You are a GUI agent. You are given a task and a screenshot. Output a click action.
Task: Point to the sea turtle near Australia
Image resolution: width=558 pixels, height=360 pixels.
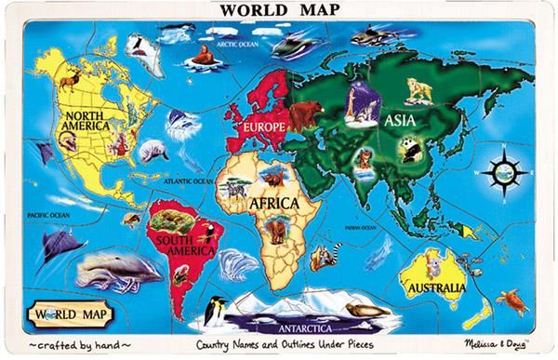(x=511, y=299)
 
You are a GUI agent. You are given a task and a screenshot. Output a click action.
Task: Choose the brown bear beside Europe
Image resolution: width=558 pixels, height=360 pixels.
(x=304, y=115)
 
